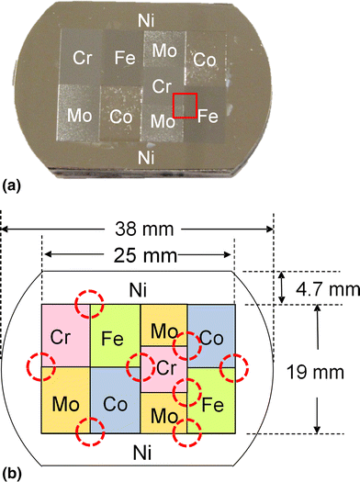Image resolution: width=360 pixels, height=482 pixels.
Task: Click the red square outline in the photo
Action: point(185,106)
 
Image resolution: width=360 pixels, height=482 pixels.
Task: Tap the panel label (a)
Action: point(16,185)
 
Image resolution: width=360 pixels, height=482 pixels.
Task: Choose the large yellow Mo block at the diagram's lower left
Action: point(65,400)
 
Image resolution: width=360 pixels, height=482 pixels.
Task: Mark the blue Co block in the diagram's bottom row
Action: point(115,400)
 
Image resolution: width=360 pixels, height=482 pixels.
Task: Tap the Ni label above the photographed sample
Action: point(144,19)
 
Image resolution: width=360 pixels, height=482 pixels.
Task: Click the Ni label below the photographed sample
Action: point(144,156)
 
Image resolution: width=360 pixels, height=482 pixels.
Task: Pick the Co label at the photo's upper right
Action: point(206,59)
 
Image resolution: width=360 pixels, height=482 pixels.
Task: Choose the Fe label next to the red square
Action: point(208,117)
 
